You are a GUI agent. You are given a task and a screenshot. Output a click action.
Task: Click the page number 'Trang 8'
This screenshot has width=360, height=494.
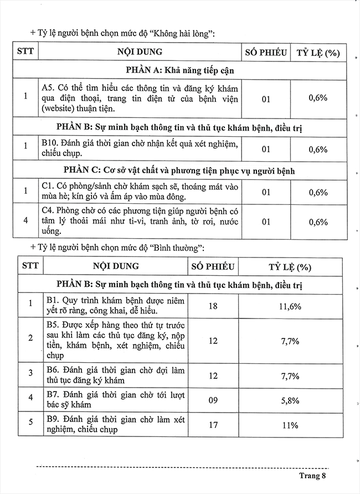coord(314,475)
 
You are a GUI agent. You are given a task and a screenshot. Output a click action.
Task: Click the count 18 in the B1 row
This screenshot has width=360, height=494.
coord(213,306)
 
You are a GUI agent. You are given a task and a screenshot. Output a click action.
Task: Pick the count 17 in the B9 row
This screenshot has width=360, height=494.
coord(213,425)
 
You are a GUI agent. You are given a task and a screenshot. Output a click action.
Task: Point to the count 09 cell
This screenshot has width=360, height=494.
coord(213,399)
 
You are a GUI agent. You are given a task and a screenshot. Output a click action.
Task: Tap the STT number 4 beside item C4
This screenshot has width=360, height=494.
coord(25,222)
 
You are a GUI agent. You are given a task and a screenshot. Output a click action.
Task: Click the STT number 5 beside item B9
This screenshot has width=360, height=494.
coord(31,425)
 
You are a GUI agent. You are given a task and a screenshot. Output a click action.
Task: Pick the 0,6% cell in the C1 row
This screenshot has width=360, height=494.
coord(318,193)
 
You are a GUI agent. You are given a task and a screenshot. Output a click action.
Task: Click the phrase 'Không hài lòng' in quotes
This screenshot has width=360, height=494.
coord(183,33)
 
